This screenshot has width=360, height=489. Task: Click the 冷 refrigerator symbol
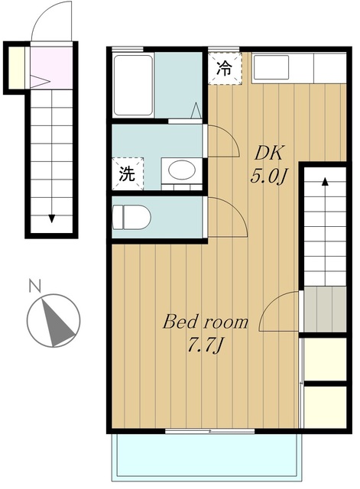click(x=225, y=69)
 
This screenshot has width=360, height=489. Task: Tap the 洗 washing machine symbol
click(x=128, y=173)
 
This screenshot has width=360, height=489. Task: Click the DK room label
click(x=268, y=154)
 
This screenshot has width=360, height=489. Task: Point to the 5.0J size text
click(x=268, y=177)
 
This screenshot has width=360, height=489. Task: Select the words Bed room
click(x=206, y=322)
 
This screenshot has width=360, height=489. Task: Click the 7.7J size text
click(x=206, y=345)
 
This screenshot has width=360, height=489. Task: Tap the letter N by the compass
click(x=35, y=287)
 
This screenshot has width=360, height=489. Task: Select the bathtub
click(x=133, y=85)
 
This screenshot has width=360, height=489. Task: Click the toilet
click(x=131, y=217)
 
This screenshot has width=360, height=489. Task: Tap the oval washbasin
click(x=182, y=170)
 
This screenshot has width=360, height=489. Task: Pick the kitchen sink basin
click(x=271, y=67)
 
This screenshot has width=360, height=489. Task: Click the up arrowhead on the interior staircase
click(x=325, y=182)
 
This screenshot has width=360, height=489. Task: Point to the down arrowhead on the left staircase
click(x=52, y=219)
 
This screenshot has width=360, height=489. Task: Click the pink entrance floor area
click(x=51, y=67)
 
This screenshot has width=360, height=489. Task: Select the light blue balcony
click(x=207, y=457)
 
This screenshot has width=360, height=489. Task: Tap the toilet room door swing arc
click(x=232, y=212)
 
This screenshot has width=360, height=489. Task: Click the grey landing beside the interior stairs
click(x=325, y=309)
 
